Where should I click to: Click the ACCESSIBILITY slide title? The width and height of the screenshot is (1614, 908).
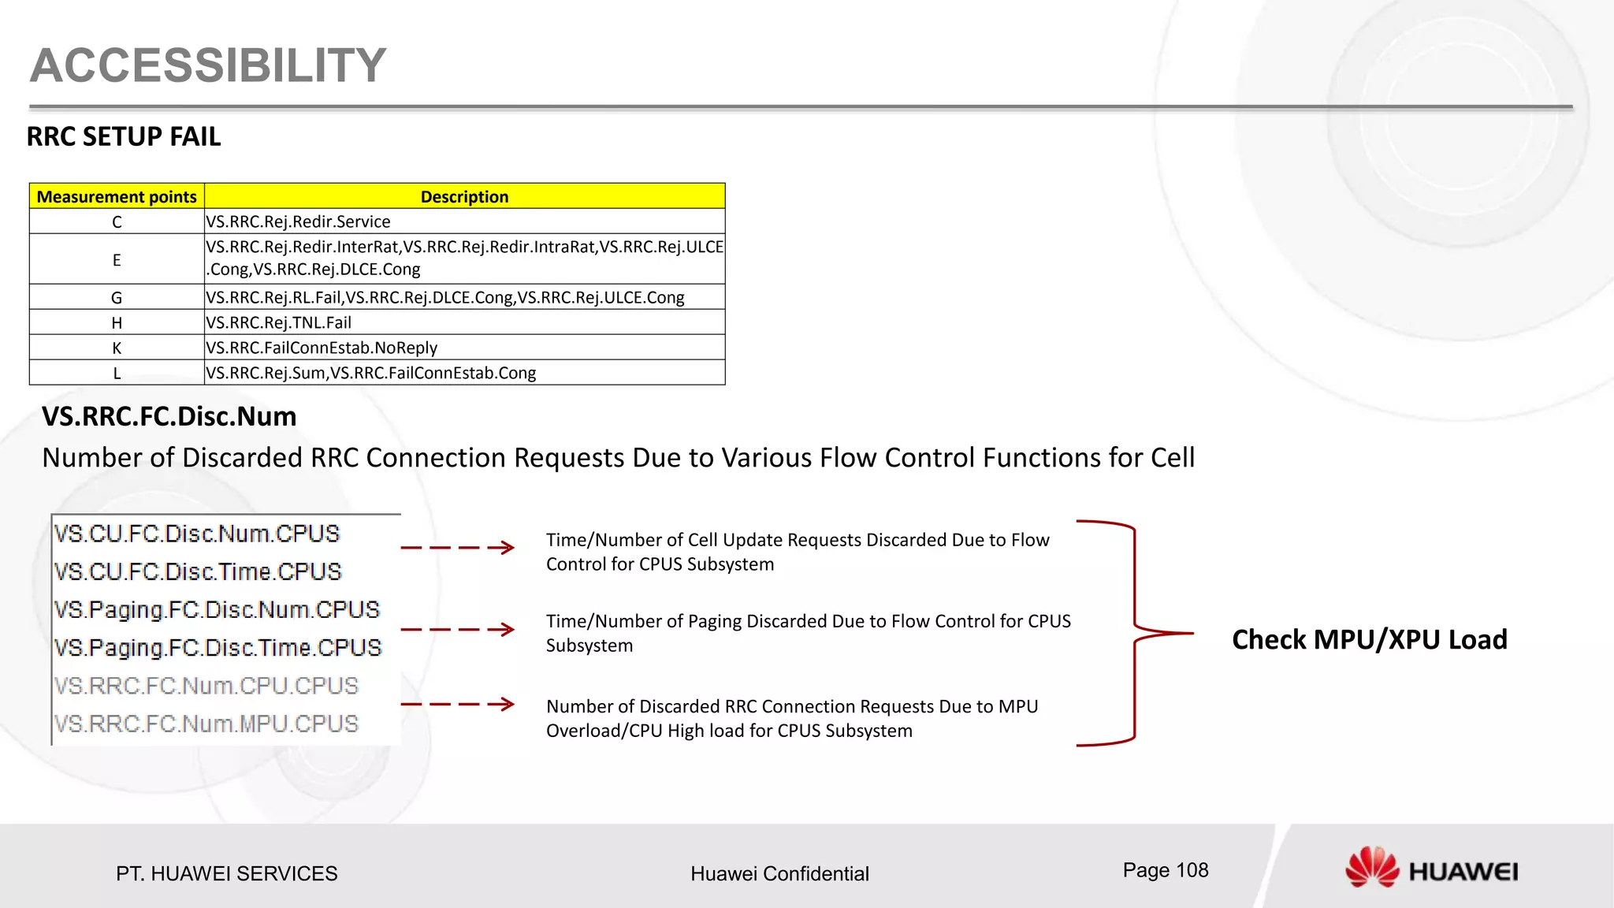tap(208, 65)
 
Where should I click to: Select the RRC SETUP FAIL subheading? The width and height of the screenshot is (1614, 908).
tap(124, 137)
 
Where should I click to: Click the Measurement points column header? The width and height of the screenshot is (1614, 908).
tap(117, 197)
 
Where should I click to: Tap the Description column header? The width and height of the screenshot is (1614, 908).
tap(464, 197)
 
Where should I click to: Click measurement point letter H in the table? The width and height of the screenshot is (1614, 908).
tap(117, 323)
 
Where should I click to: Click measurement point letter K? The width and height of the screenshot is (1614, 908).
tap(117, 348)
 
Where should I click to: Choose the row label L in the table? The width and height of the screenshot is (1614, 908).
tap(117, 374)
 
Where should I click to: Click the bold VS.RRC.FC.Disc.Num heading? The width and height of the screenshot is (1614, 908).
tap(169, 416)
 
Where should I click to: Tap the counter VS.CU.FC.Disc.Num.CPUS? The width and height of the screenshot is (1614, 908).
tap(197, 534)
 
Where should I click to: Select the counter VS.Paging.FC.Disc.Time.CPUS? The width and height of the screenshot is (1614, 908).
tap(218, 648)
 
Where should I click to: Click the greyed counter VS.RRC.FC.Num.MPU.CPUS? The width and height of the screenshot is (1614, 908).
tap(206, 724)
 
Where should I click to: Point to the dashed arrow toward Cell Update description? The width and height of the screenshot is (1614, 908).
tap(457, 548)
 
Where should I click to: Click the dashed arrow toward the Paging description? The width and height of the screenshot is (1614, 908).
tap(457, 630)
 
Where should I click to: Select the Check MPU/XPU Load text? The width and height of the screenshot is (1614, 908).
tap(1369, 639)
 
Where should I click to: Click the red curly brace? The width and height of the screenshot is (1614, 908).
tap(1135, 633)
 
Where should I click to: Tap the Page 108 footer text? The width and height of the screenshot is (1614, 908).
tap(1165, 870)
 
